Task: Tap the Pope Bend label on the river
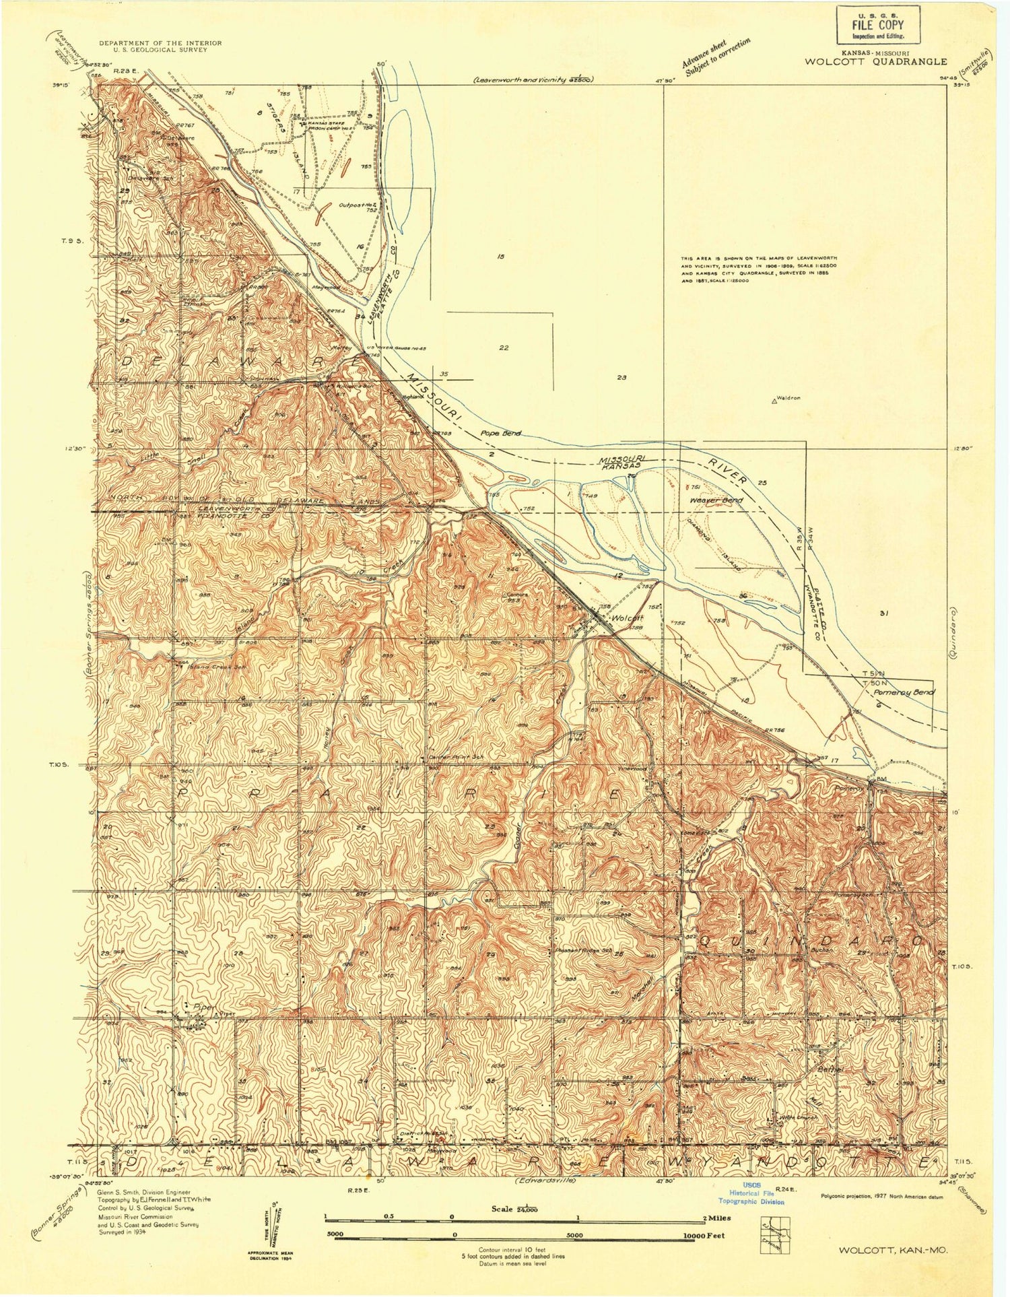pyautogui.click(x=501, y=434)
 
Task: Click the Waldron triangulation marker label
pyautogui.click(x=786, y=398)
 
